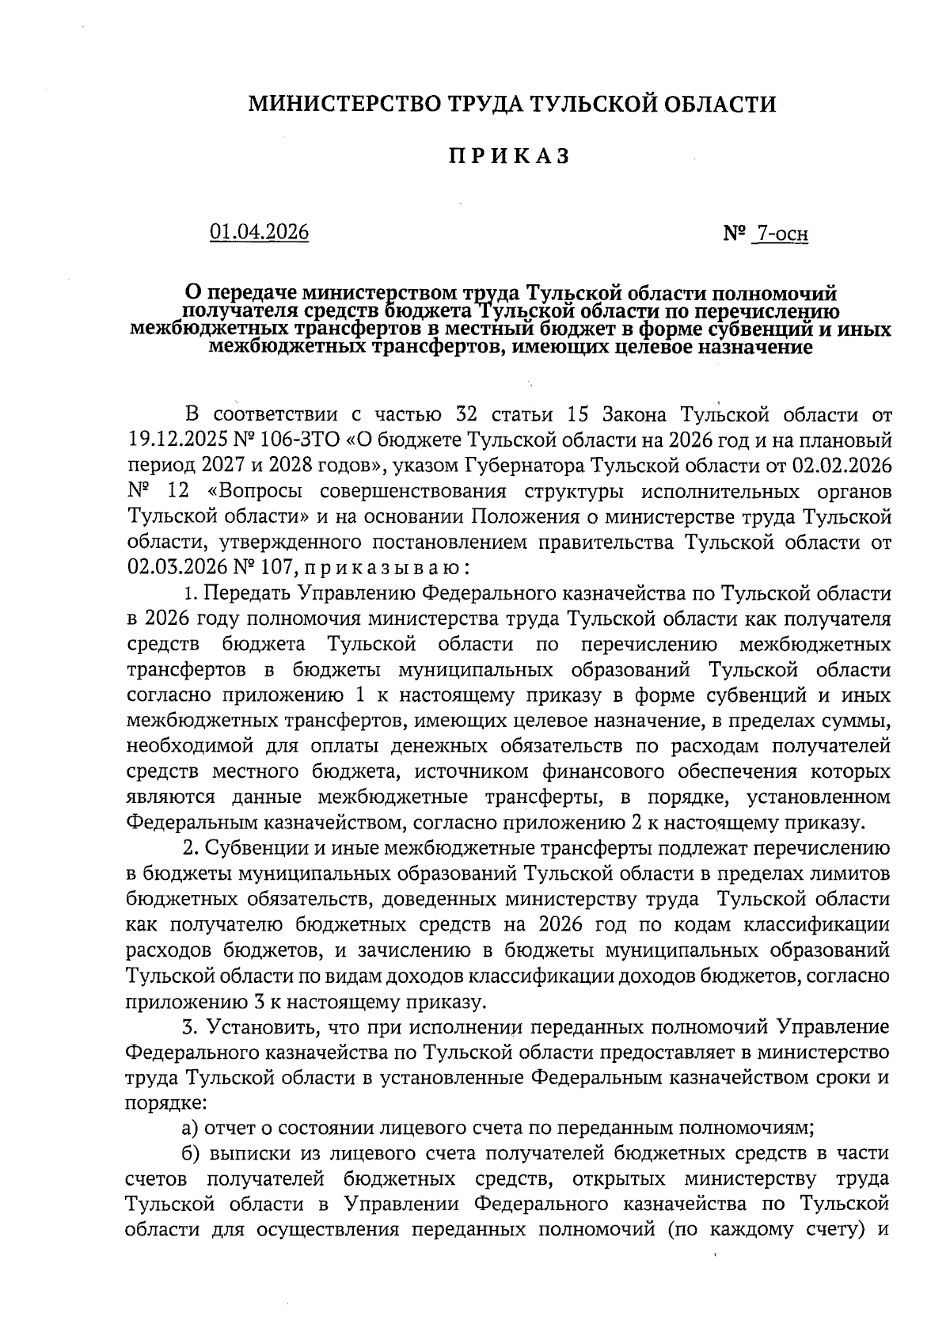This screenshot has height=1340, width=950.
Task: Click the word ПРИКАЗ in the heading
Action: coord(511,156)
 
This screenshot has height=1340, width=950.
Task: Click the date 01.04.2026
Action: coord(259,232)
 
